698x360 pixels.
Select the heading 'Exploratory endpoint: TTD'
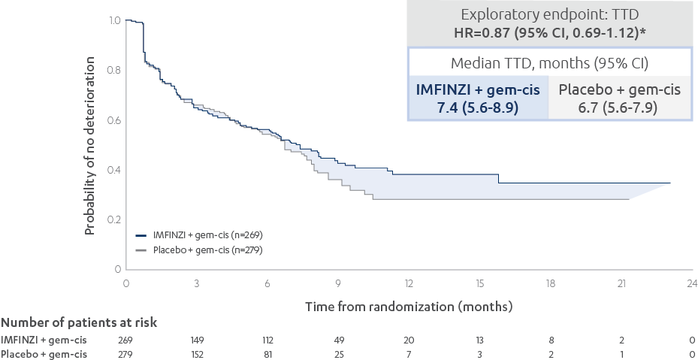click(x=549, y=14)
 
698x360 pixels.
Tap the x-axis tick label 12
click(x=409, y=283)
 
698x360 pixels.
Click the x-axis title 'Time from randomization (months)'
click(x=409, y=307)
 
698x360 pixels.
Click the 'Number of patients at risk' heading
click(x=79, y=323)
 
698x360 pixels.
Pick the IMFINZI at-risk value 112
click(x=267, y=340)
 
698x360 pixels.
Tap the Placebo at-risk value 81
click(x=267, y=353)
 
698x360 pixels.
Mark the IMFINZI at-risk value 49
click(x=338, y=340)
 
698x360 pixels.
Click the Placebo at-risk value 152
click(x=196, y=353)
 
